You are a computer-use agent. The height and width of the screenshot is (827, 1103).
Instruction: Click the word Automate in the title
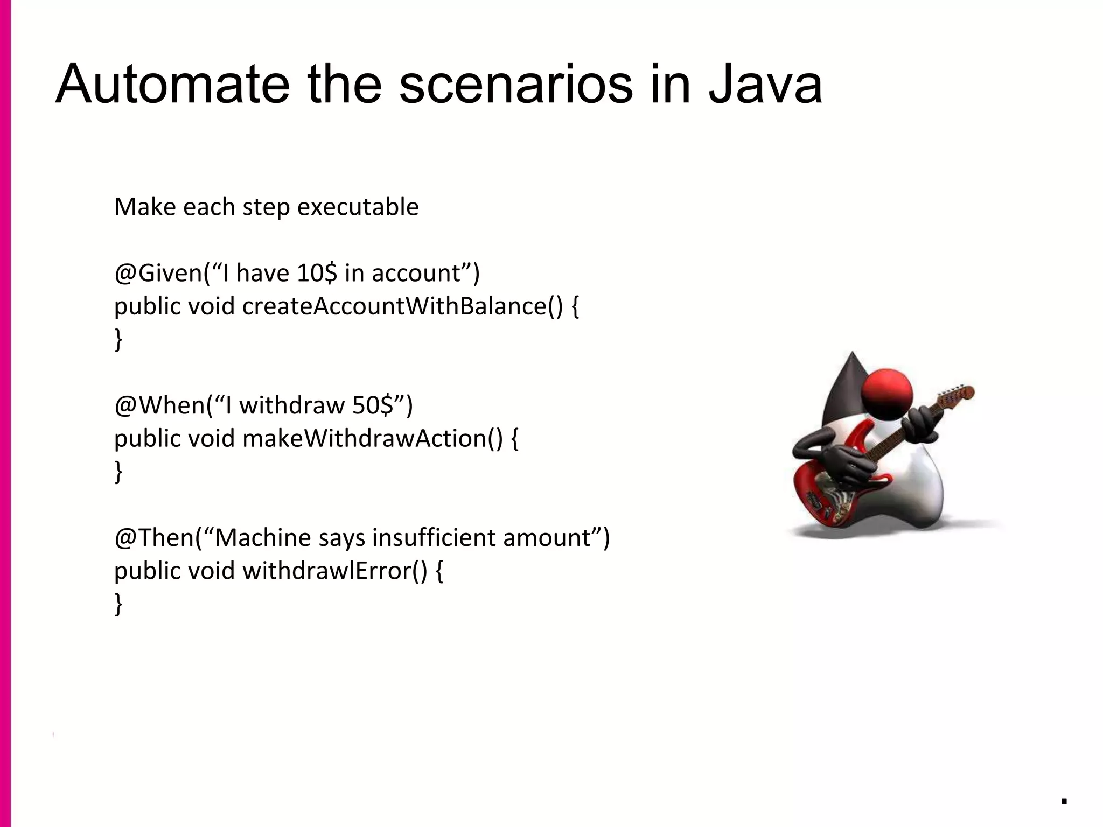pyautogui.click(x=172, y=85)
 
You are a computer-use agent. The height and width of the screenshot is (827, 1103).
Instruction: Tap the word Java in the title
pyautogui.click(x=765, y=85)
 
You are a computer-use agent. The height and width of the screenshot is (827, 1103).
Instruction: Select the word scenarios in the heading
pyautogui.click(x=515, y=85)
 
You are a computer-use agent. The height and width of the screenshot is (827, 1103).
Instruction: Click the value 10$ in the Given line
pyautogui.click(x=317, y=273)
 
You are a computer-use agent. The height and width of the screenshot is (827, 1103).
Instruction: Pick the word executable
pyautogui.click(x=358, y=207)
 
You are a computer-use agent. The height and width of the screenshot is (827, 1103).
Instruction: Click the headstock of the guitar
pyautogui.click(x=959, y=396)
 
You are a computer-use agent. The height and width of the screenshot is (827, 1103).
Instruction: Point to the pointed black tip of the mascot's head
pyautogui.click(x=852, y=358)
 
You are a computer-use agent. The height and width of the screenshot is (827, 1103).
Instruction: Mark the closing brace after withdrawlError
pyautogui.click(x=118, y=604)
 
